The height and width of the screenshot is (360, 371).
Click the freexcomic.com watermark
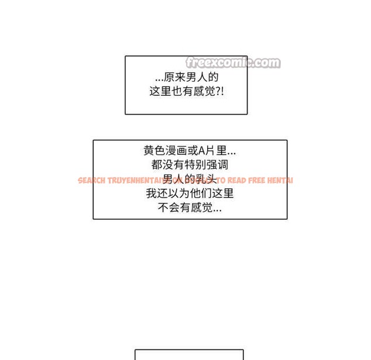pos(233,63)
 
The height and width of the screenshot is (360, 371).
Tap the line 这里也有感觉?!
pos(187,92)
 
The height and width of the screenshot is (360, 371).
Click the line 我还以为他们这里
pos(190,193)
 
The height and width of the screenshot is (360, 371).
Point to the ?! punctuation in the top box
pos(219,92)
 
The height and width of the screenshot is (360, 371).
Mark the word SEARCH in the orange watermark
pos(91,181)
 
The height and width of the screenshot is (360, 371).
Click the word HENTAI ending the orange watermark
pos(280,181)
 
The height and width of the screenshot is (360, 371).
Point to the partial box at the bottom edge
pos(189,355)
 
